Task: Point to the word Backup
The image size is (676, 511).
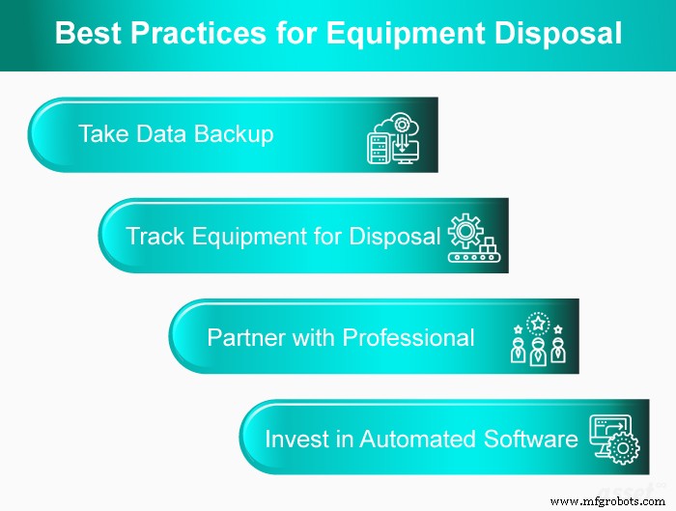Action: pos(234,134)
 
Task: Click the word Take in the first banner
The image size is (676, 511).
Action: pos(101,134)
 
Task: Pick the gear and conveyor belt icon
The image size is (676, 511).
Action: pos(471,238)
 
